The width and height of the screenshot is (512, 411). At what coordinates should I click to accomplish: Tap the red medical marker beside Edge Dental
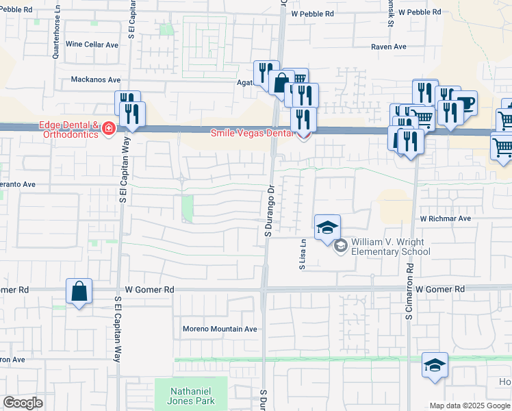108,129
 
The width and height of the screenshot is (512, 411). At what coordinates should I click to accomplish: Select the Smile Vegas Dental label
251,134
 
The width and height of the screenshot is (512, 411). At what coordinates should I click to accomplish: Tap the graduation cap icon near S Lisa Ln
328,227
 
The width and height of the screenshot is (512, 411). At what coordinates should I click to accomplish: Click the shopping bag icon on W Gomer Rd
79,291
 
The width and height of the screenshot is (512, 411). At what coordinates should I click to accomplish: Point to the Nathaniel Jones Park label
192,396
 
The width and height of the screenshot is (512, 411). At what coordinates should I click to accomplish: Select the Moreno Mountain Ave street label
220,329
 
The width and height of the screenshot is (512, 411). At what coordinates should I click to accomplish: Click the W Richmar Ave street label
446,219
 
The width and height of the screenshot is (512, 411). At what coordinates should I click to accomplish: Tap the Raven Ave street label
388,47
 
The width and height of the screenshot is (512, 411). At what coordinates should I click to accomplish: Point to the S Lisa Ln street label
302,254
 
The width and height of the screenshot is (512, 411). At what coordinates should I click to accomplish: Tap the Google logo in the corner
23,403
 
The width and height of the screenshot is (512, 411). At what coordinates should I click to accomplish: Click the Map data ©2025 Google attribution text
469,406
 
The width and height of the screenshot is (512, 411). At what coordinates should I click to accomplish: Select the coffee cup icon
465,103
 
